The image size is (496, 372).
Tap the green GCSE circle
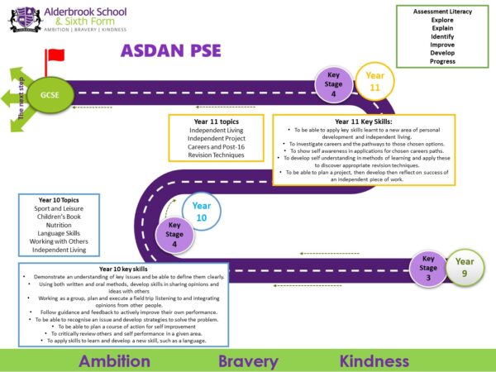[48, 94]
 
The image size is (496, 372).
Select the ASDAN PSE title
[171, 50]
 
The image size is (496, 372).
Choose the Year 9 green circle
[465, 268]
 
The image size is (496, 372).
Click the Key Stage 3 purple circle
[427, 268]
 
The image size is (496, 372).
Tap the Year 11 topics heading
[217, 122]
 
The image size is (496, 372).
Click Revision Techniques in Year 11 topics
[217, 155]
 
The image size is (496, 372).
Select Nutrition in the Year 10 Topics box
[59, 225]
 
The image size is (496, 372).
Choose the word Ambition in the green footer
[126, 360]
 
